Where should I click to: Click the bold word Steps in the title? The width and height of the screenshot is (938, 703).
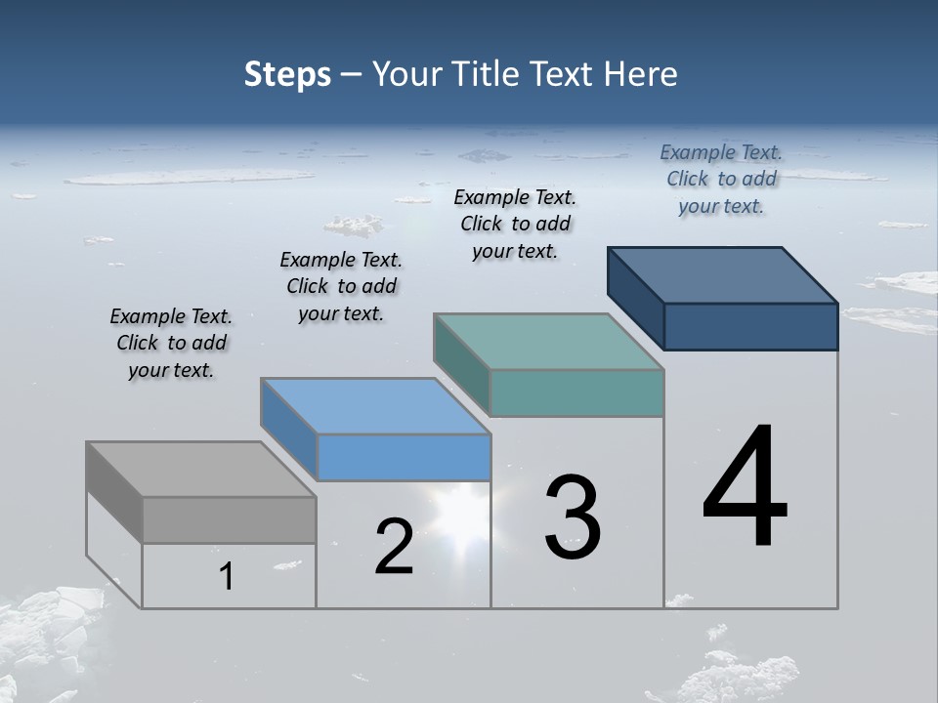[287, 74]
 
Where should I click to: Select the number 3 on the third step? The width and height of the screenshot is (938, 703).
[573, 517]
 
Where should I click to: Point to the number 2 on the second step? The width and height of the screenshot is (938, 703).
[394, 547]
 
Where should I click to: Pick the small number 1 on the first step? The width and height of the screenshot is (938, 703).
[227, 577]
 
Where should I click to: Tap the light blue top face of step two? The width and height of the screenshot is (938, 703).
[375, 406]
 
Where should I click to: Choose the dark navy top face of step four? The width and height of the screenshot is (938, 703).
[723, 275]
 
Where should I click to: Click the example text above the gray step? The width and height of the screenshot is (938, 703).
[171, 343]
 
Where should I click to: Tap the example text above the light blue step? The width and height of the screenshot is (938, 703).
[341, 286]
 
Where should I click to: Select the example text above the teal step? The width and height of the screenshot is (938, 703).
[515, 224]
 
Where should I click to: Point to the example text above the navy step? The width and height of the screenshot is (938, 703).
[721, 179]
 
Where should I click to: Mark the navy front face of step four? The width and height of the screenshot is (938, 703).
[750, 326]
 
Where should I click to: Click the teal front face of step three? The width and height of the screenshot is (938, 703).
[576, 393]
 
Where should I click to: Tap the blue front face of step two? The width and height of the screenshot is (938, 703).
[404, 457]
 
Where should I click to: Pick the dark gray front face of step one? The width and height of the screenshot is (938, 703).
[229, 519]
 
